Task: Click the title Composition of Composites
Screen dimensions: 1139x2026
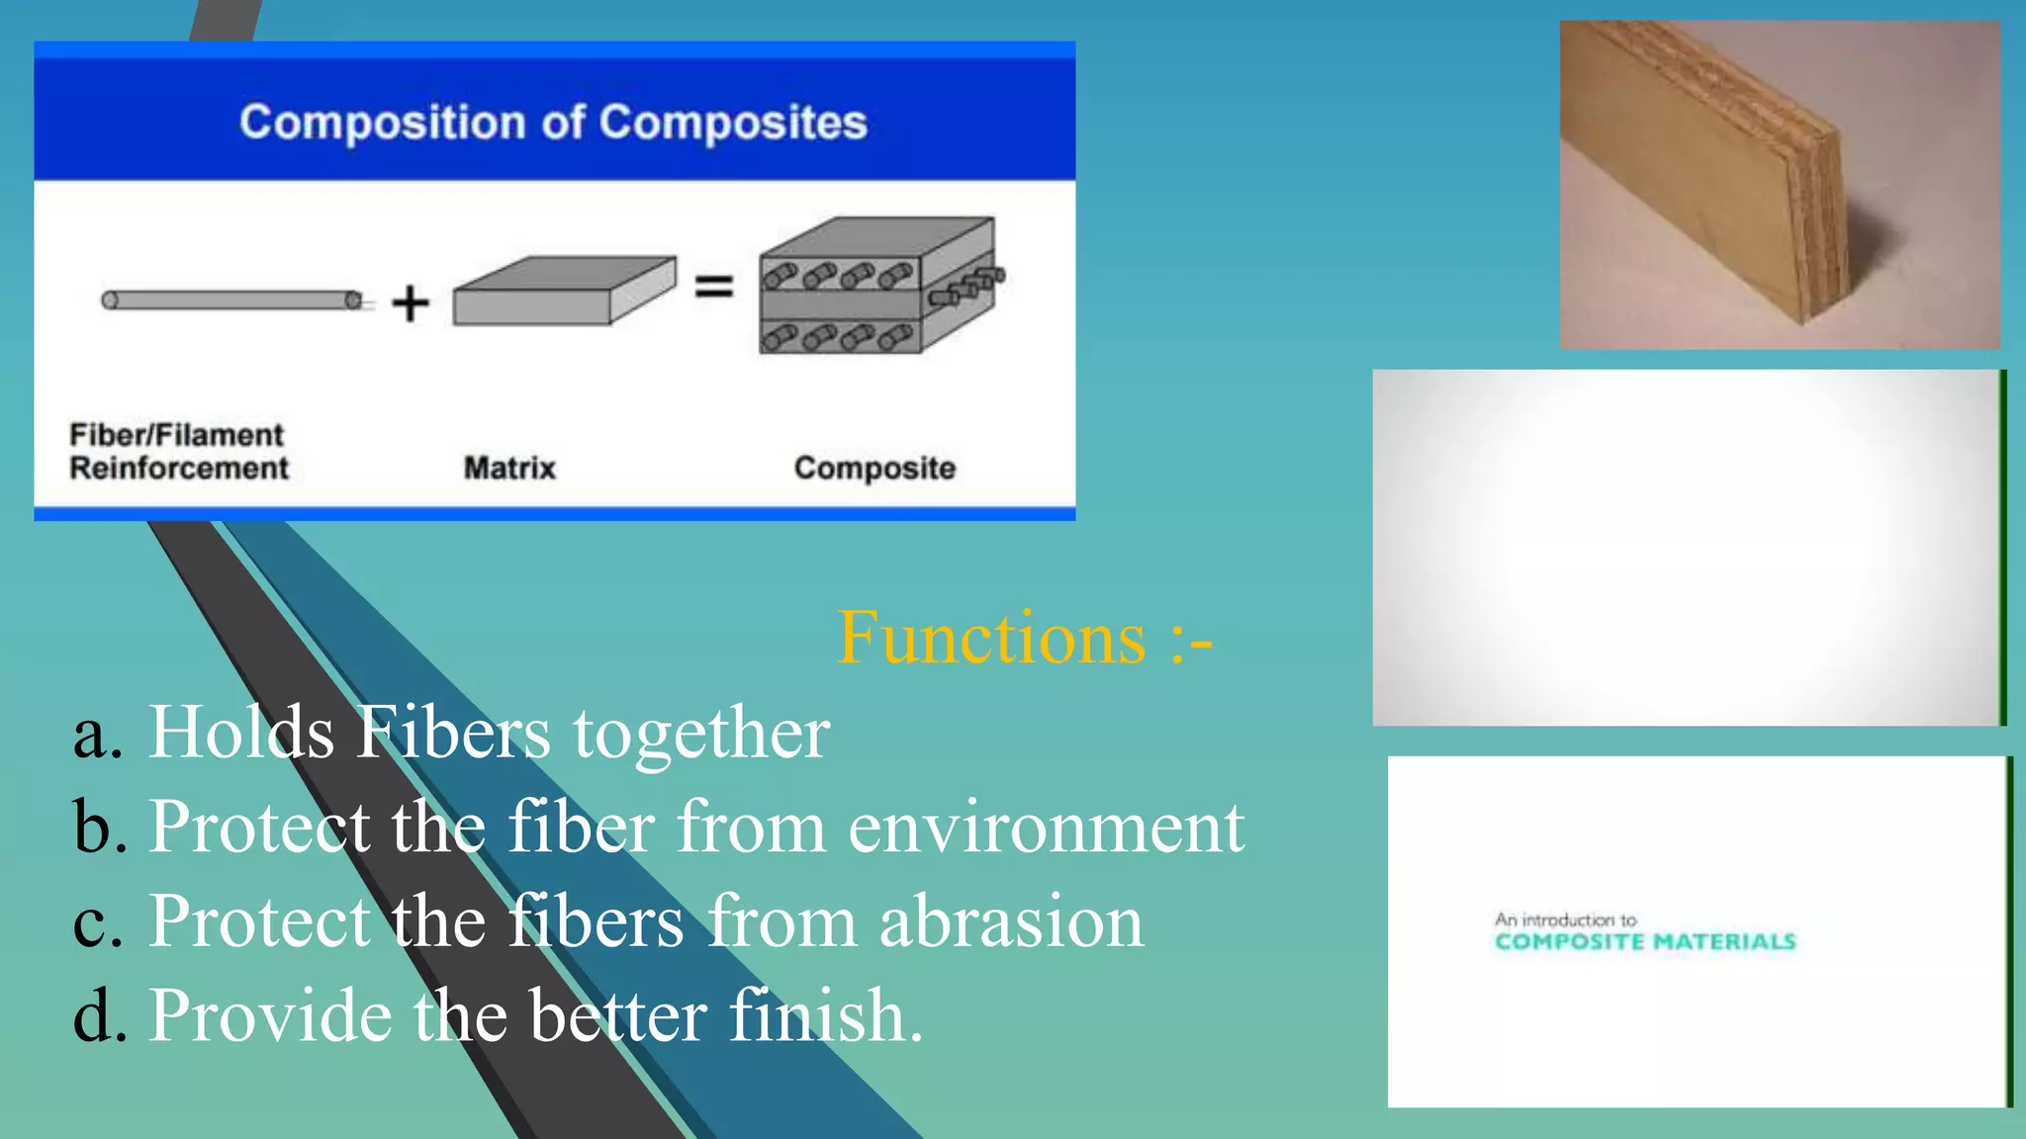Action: pos(553,123)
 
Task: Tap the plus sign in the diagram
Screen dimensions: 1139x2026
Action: pos(410,303)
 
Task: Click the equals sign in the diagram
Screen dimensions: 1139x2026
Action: pos(713,287)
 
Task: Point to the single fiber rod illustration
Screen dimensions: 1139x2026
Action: pos(232,300)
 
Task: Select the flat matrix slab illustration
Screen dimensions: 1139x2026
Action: pos(563,291)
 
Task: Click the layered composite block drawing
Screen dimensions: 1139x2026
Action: pos(875,287)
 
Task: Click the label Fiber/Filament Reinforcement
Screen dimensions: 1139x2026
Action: pos(178,451)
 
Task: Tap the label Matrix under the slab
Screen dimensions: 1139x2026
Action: pos(509,468)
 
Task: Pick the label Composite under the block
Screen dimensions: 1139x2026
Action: pos(875,468)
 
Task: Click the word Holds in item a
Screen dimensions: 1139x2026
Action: pos(241,733)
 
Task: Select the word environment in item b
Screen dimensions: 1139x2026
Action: pos(1046,828)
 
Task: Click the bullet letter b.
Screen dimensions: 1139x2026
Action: pos(98,828)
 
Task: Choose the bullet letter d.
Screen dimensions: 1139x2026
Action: pos(98,1015)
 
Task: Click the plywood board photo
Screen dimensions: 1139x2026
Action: pos(1779,185)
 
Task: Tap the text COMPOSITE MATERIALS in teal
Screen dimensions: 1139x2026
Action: pos(1644,942)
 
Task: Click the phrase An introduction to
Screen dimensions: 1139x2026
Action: pos(1565,920)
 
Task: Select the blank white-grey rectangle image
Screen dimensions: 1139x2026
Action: pos(1687,547)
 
